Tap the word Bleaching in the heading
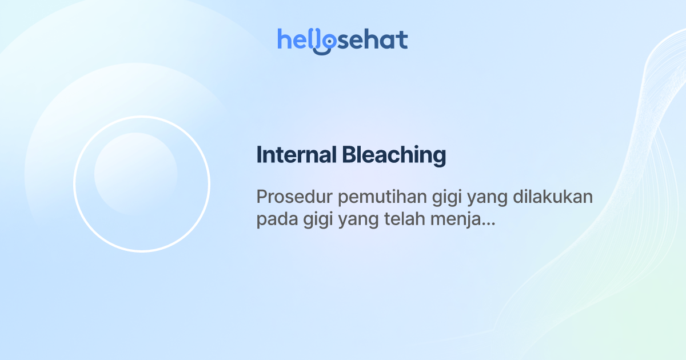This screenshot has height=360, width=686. tap(394, 155)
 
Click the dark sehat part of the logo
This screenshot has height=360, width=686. tap(374, 39)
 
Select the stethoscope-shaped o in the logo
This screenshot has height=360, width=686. tap(326, 42)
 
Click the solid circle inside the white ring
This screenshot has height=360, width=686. tap(135, 174)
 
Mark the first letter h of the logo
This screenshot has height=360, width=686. tap(284, 39)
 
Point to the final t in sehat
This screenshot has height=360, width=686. tap(403, 39)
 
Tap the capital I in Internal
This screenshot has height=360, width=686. tap(259, 155)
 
